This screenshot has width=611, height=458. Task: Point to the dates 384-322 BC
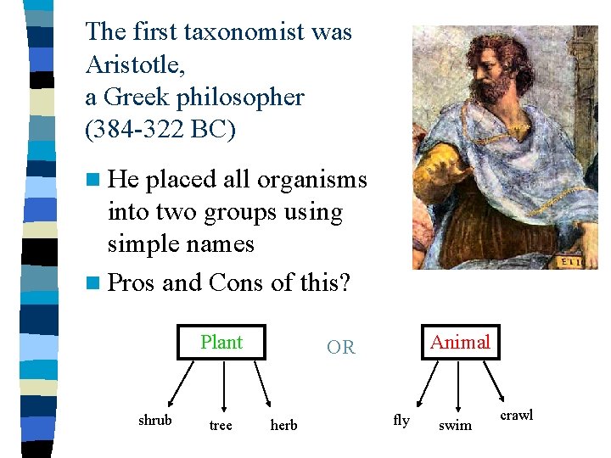point(160,130)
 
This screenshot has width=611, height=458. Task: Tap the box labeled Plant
point(221,342)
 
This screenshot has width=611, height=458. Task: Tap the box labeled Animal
point(460,342)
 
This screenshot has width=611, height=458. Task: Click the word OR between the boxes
point(340,348)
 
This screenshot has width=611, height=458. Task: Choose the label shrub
point(154,421)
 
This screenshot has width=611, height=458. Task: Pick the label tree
point(221,425)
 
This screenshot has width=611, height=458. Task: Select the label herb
point(283,425)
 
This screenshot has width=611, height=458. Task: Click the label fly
point(401,420)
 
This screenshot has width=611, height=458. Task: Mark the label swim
point(455,425)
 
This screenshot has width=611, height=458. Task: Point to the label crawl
point(516,415)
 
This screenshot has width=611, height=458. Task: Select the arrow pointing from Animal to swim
point(458,387)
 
